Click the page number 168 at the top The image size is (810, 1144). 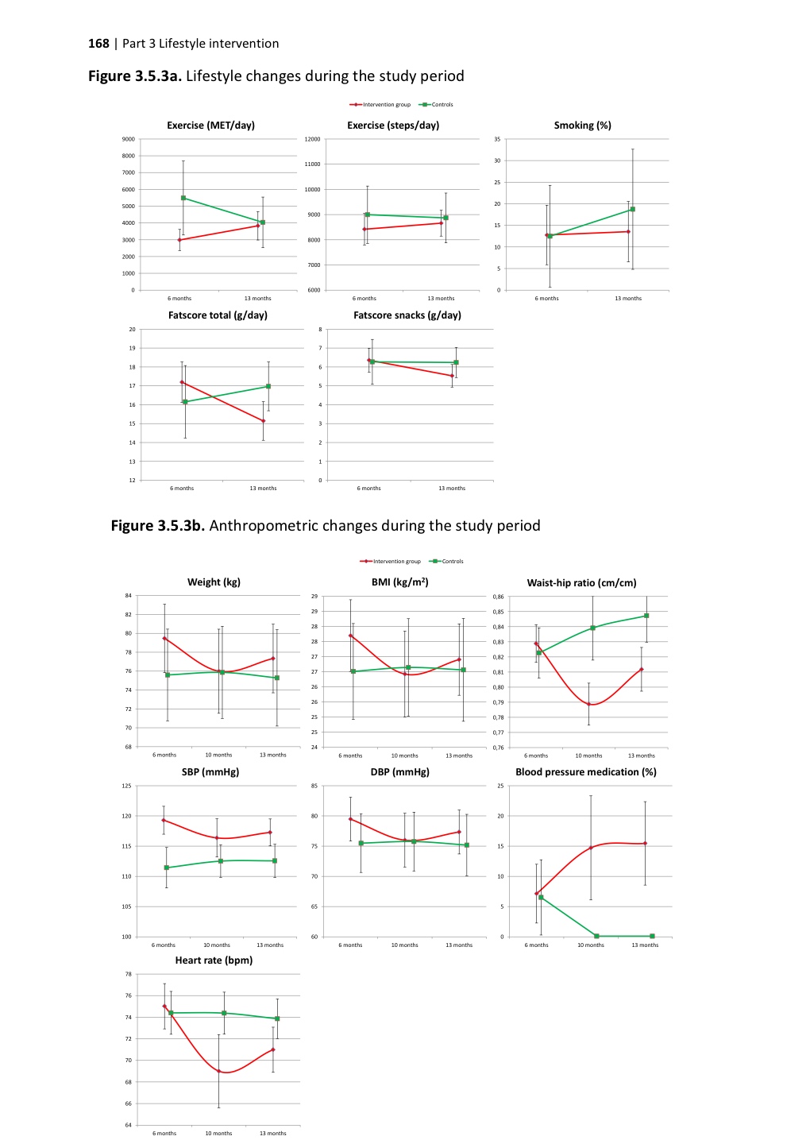98,44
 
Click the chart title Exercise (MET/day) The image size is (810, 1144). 210,126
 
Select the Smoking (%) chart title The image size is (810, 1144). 582,126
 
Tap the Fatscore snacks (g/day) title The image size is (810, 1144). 407,315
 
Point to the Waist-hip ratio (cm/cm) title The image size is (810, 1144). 581,583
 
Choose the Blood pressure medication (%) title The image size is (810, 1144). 585,772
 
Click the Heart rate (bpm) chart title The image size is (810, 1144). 214,960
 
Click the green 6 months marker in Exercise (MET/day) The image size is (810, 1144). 183,198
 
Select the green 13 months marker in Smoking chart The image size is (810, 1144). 633,210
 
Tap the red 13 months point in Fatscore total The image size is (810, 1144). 264,421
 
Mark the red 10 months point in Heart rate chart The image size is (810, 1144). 218,1071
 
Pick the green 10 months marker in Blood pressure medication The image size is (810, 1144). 596,936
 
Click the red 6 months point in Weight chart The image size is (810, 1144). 164,638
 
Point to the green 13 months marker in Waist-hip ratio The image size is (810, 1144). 646,616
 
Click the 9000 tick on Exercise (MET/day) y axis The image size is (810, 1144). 128,139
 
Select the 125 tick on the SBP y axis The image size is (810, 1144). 126,786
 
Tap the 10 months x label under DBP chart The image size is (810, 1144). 404,945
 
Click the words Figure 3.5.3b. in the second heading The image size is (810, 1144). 158,526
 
